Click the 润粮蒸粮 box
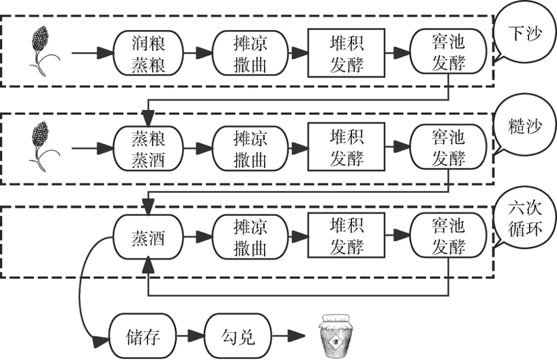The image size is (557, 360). click(x=147, y=53)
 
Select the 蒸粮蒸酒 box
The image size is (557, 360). click(x=147, y=147)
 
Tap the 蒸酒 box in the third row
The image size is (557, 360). click(x=147, y=238)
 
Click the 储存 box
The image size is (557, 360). click(x=144, y=337)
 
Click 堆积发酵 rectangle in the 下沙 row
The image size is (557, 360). click(x=346, y=53)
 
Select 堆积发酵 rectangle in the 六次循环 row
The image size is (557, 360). click(x=346, y=237)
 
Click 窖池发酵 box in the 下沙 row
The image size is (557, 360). click(x=448, y=53)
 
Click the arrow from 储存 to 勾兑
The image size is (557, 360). click(x=191, y=337)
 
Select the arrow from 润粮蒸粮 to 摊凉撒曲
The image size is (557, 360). click(x=196, y=53)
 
